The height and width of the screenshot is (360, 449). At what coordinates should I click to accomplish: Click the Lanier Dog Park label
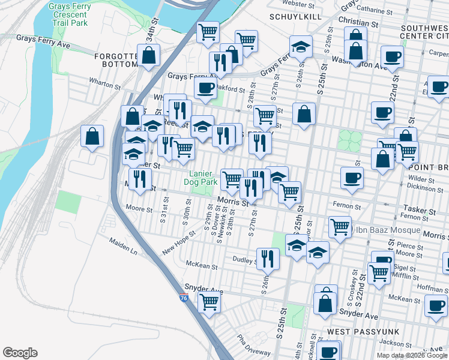pos(199,177)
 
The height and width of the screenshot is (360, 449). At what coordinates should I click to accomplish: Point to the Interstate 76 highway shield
pos(183,296)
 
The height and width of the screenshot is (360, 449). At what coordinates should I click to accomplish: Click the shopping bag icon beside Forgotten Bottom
pos(148,57)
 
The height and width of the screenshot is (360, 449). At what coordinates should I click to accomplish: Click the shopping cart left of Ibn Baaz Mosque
pos(340,227)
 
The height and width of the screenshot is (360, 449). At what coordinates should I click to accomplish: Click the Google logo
pos(20,353)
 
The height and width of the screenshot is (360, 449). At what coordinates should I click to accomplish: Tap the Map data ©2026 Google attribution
pos(412,355)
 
